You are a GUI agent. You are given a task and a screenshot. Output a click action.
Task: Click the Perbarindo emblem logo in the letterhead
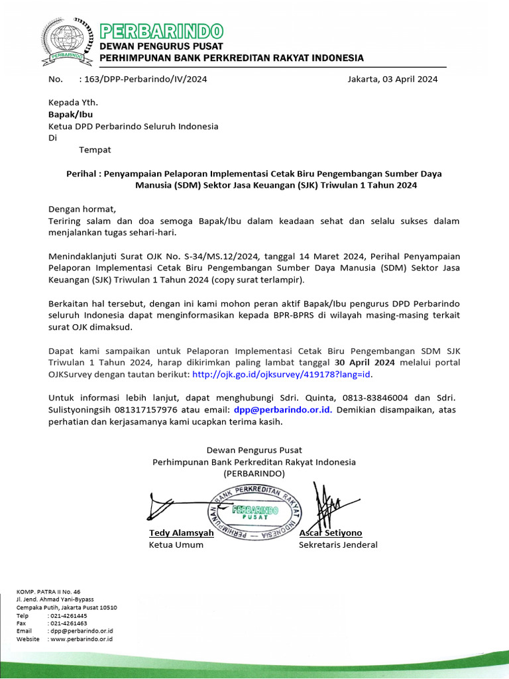64,41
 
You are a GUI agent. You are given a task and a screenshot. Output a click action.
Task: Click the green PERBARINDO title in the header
161,31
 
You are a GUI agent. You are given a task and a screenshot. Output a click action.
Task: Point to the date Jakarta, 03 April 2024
392,79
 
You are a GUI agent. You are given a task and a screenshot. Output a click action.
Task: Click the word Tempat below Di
95,149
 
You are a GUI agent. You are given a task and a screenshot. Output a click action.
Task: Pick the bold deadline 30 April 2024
365,363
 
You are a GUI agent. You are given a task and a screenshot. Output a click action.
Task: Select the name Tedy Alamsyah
182,533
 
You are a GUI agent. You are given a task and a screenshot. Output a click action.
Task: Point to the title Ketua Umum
176,545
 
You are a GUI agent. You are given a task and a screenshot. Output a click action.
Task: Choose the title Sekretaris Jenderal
338,545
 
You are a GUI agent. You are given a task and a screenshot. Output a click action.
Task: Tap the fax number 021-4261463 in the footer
70,623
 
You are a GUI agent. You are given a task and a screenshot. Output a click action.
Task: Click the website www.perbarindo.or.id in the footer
82,639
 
